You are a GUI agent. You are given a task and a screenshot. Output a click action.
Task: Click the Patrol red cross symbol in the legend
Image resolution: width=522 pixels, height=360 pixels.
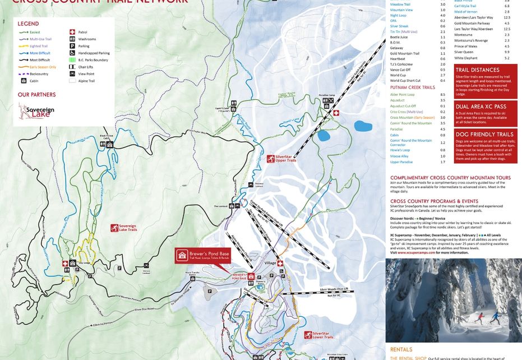pyautogui.click(x=72, y=33)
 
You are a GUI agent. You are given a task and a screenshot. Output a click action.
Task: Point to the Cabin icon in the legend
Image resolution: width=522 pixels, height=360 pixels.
pyautogui.click(x=24, y=81)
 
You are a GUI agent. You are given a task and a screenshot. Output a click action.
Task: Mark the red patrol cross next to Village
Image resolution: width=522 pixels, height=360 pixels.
pyautogui.click(x=280, y=264)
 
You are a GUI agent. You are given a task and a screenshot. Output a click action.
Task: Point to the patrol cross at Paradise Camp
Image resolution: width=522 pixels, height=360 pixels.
pyautogui.click(x=336, y=113)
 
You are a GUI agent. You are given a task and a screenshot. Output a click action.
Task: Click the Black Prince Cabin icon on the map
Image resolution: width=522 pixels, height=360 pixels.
pyautogui.click(x=110, y=144)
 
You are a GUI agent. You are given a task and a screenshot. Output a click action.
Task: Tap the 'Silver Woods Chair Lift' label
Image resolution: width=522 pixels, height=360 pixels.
pyautogui.click(x=334, y=289)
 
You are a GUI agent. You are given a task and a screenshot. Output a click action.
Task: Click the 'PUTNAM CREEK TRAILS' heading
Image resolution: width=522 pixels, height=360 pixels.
pyautogui.click(x=413, y=87)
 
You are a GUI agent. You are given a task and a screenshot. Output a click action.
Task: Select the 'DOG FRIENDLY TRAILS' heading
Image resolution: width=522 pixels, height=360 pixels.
pyautogui.click(x=484, y=135)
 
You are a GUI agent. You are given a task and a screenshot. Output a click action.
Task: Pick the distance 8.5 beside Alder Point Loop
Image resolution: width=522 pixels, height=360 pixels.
pyautogui.click(x=443, y=95)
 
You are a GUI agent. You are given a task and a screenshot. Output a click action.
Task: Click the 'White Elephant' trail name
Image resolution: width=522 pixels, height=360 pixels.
pyautogui.click(x=466, y=58)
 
